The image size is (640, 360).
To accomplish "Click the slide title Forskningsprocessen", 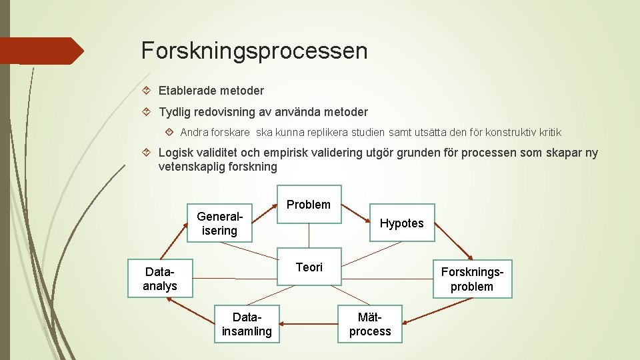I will coord(254,51).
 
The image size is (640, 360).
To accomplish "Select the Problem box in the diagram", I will coord(309,205).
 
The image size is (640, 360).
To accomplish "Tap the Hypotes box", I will coord(401,223).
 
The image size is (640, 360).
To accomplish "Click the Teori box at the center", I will coord(309,267).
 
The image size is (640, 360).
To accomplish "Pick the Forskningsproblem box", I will coord(471,279).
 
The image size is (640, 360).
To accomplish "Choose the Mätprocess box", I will coord(370,324).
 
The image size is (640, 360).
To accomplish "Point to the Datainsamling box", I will coord(247,324).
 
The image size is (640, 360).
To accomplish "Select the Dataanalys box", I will coord(160,279).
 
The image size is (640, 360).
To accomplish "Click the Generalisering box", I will coord(219,223).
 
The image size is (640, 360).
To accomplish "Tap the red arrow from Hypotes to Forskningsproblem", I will coord(454,250).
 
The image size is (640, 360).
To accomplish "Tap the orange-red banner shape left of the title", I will coord(40,51).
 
